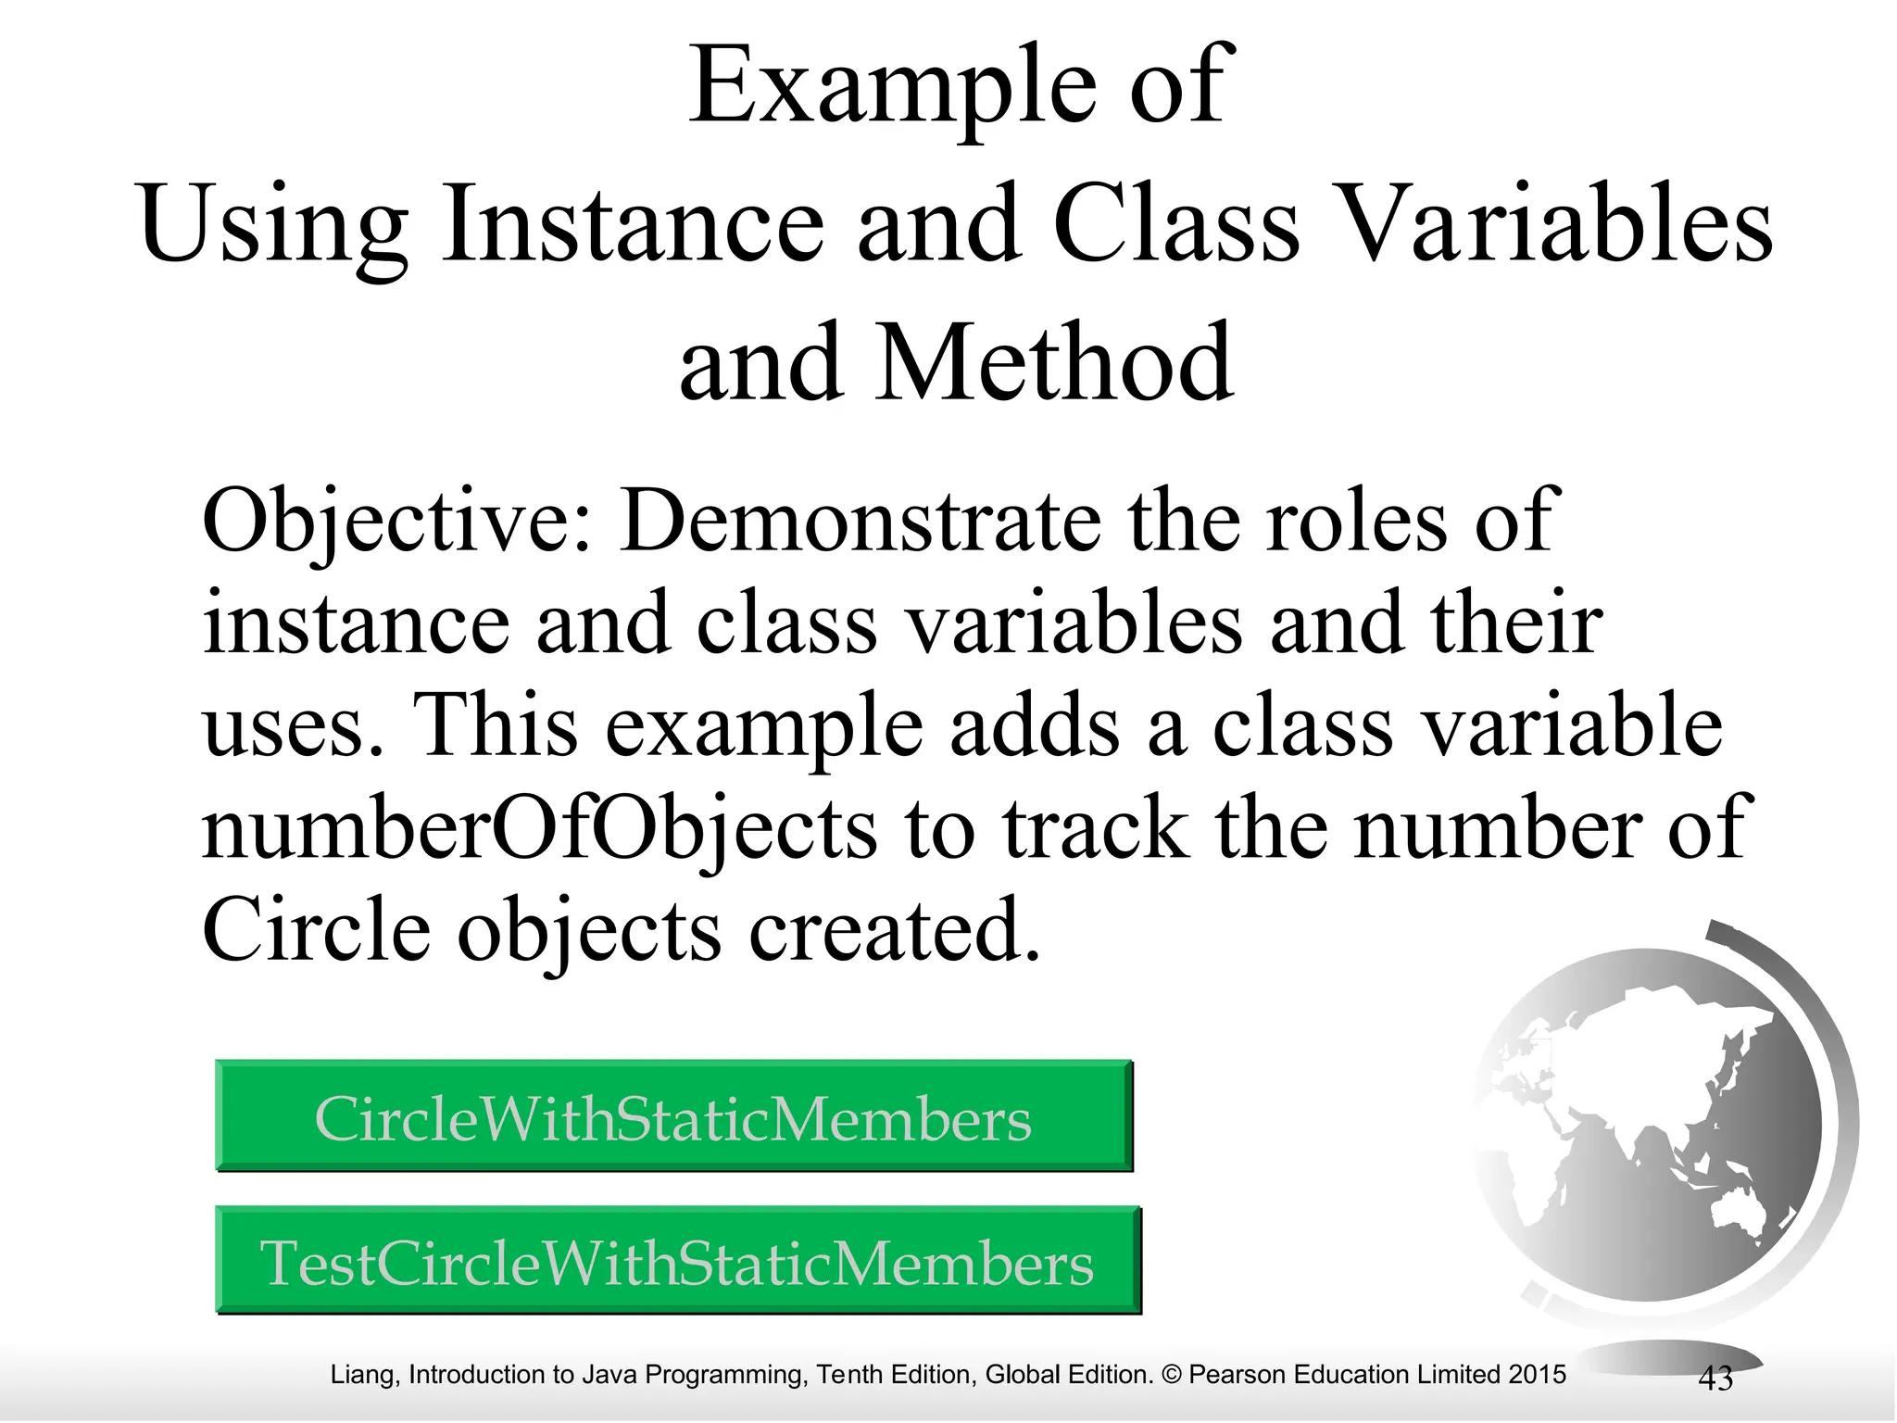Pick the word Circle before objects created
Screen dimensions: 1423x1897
point(316,929)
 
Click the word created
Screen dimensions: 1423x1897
point(895,929)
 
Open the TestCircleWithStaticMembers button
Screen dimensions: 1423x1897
point(677,1262)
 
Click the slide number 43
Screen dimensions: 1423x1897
point(1715,1379)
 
